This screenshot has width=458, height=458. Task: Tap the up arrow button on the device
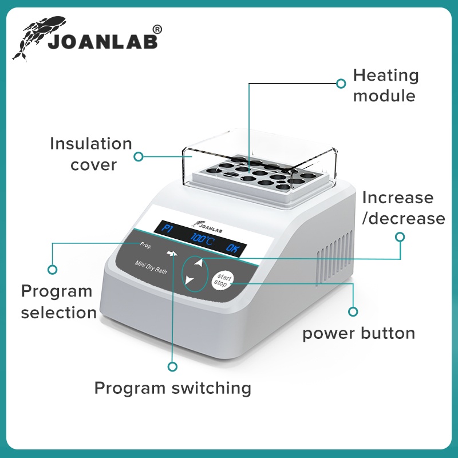click(198, 263)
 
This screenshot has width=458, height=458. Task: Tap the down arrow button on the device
click(190, 280)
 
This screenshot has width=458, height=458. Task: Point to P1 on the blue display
click(166, 230)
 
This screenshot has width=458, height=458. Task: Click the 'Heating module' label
click(385, 85)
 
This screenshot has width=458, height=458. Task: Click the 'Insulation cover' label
click(91, 154)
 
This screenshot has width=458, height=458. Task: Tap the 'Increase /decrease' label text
click(404, 208)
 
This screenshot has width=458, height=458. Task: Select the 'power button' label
click(358, 333)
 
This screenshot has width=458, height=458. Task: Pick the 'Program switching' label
click(173, 388)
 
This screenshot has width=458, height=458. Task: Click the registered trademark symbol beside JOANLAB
click(158, 29)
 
